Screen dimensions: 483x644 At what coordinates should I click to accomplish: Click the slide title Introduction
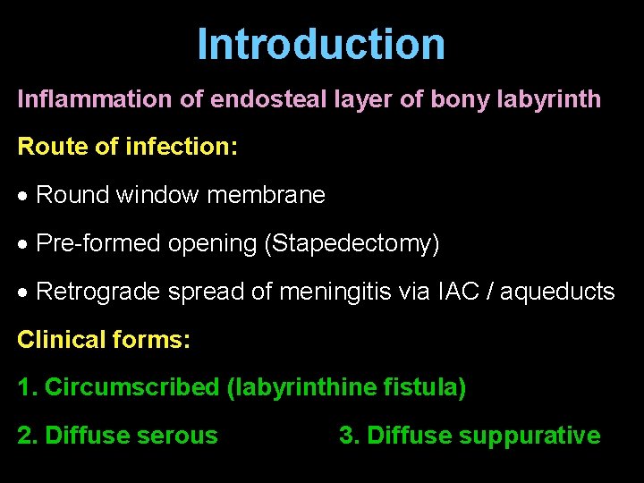pyautogui.click(x=321, y=44)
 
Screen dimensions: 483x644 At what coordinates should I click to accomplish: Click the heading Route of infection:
pyautogui.click(x=128, y=147)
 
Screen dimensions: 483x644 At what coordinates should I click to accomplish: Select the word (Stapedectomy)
pyautogui.click(x=352, y=243)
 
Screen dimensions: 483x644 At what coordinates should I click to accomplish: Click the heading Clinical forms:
pyautogui.click(x=105, y=340)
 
